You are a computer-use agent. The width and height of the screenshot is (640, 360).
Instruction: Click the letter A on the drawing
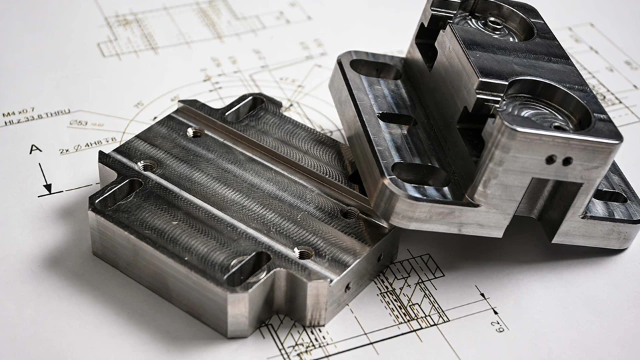point(35,149)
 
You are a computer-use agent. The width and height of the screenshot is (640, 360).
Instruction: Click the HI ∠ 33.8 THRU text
point(37,123)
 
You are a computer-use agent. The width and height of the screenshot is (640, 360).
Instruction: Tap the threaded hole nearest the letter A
point(146,165)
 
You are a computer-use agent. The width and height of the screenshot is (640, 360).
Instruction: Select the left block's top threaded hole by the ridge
point(195,133)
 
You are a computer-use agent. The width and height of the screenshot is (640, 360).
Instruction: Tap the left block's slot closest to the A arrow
point(119,191)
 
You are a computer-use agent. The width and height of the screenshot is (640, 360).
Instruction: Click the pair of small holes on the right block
point(559,161)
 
